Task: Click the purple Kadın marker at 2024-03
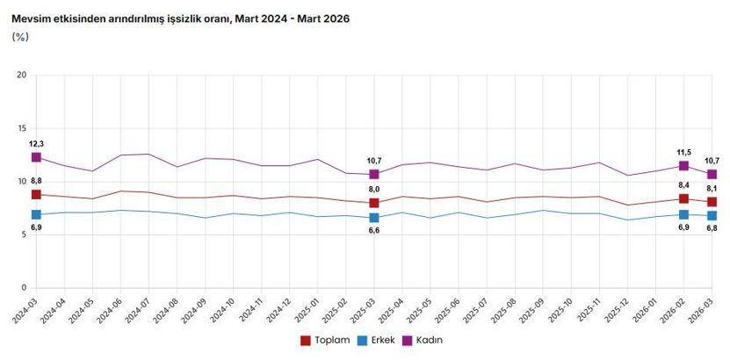tap(36, 157)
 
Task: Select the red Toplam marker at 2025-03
tap(374, 203)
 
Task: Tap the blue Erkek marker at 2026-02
tap(683, 214)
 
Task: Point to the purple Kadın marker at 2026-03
tap(712, 174)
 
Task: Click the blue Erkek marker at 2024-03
tap(36, 214)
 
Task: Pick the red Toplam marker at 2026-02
tap(683, 198)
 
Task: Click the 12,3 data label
tap(36, 143)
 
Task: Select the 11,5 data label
tap(683, 152)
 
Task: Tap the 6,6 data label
tap(374, 230)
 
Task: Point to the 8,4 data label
tap(683, 185)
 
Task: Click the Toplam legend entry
tap(326, 340)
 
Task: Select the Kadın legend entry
tap(428, 340)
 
